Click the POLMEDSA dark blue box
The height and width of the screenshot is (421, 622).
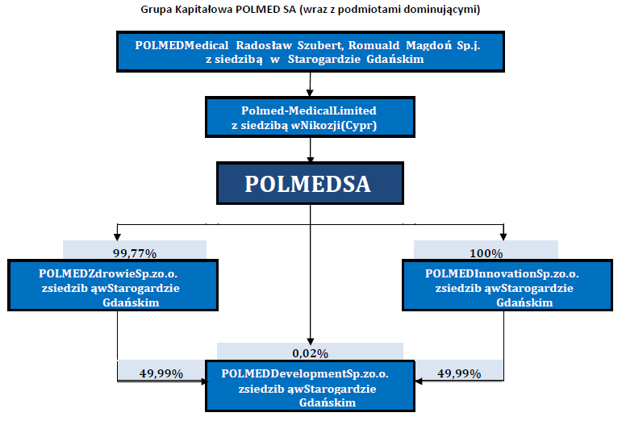pyautogui.click(x=310, y=183)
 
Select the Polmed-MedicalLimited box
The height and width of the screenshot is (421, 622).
pyautogui.click(x=310, y=117)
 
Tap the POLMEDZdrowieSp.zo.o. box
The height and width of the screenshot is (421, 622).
pyautogui.click(x=113, y=285)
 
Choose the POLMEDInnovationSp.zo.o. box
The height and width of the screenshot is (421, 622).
pyautogui.click(x=507, y=285)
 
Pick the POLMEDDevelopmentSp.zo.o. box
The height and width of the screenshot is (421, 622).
pyautogui.click(x=310, y=386)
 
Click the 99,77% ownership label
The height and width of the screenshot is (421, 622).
pyautogui.click(x=135, y=253)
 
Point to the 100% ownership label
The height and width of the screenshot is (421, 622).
pyautogui.click(x=486, y=253)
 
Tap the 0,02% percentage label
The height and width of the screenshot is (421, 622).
pyautogui.click(x=311, y=353)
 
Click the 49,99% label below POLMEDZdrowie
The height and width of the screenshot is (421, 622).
pyautogui.click(x=161, y=373)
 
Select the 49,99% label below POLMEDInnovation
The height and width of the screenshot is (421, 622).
pyautogui.click(x=459, y=373)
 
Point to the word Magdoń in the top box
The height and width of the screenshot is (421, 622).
pyautogui.click(x=429, y=46)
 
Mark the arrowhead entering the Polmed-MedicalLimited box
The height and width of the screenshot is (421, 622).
pyautogui.click(x=311, y=93)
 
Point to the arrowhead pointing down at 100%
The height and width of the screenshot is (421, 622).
pyautogui.click(x=503, y=237)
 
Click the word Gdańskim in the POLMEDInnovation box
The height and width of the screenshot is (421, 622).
pyautogui.click(x=524, y=302)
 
